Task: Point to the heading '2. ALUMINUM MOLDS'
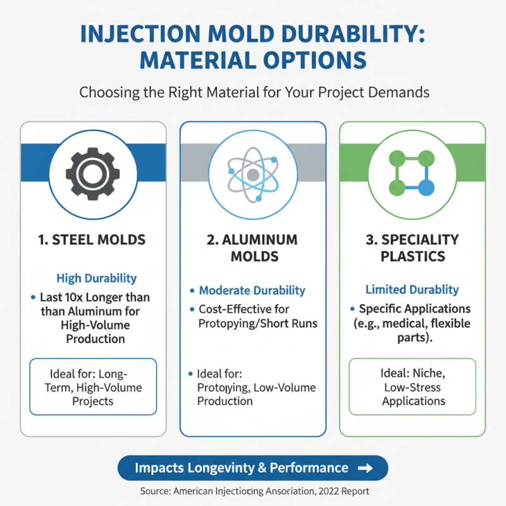point(253,248)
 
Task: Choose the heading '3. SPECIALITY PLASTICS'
point(412,248)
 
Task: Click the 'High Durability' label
point(97,278)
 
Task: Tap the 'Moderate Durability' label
point(252,291)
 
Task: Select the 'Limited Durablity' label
point(412,290)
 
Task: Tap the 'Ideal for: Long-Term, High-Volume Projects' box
point(93,386)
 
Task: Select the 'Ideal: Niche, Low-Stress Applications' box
point(412,386)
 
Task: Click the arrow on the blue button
point(365,468)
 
